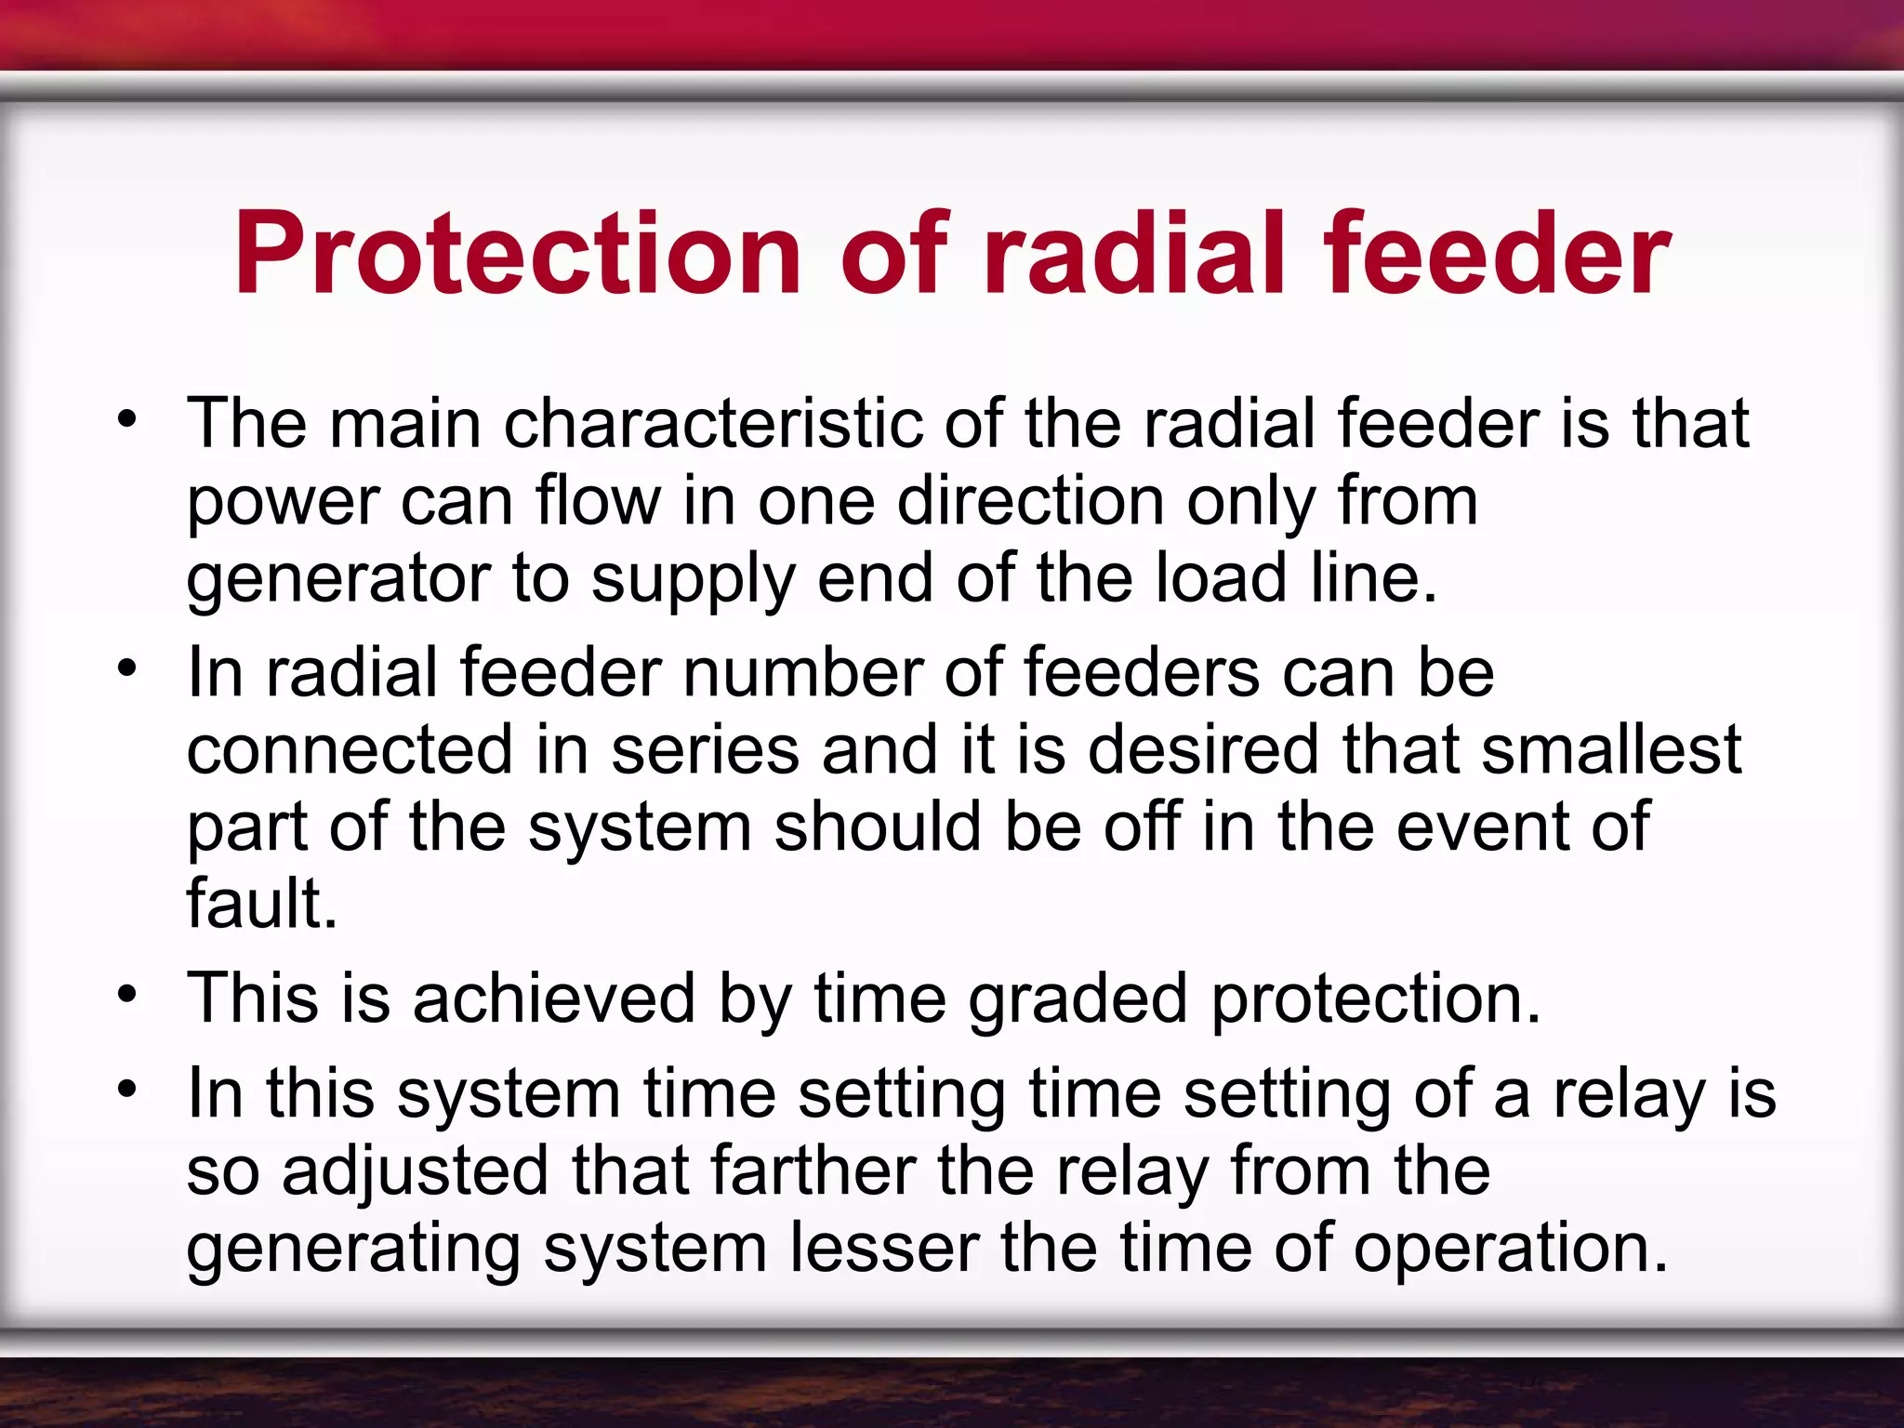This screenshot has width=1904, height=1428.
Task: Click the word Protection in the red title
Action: (517, 253)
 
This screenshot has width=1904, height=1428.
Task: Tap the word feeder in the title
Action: (1497, 253)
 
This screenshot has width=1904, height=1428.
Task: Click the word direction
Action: (1030, 501)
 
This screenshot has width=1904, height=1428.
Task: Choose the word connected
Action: (350, 749)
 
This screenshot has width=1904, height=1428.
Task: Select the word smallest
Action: (1610, 749)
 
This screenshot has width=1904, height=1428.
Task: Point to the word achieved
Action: (554, 998)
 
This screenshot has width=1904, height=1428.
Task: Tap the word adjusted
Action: (415, 1171)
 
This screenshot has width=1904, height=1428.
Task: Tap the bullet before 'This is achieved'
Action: (127, 995)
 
